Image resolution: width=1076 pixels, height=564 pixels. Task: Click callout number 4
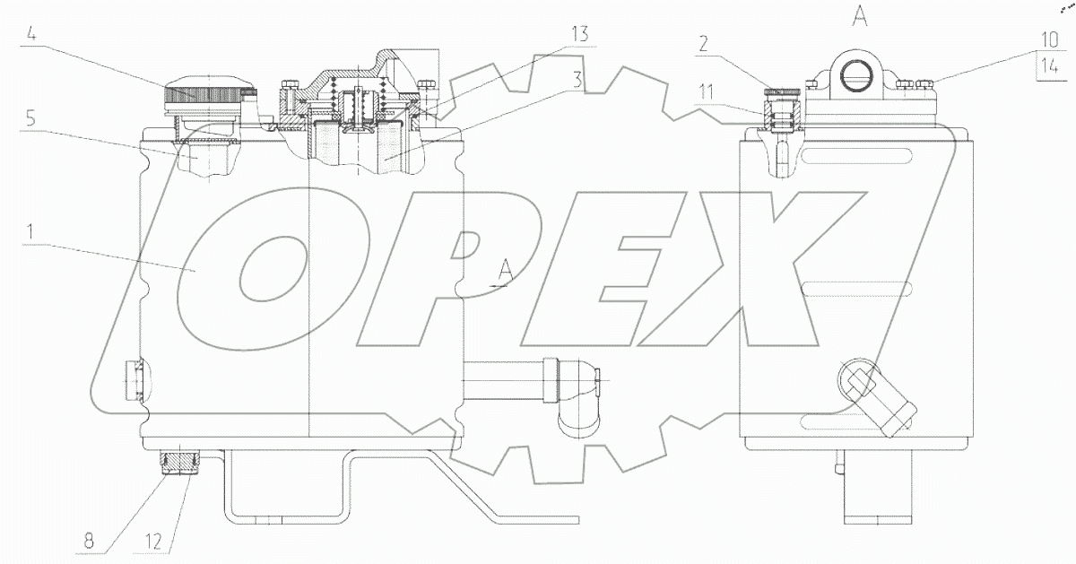pos(31,35)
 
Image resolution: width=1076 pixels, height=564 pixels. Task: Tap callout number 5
pos(30,118)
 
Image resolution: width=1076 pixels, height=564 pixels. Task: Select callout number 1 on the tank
pos(30,232)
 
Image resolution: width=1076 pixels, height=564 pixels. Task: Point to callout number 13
pos(580,34)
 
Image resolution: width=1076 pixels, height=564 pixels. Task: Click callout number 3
pos(577,79)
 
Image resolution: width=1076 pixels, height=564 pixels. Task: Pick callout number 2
pos(703,44)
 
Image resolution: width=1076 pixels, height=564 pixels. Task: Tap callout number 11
pos(706,91)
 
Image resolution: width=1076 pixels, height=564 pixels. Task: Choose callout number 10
pos(1050,39)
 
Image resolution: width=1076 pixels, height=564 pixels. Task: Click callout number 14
pos(1050,65)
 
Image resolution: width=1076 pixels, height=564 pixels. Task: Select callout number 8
pos(89,542)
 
